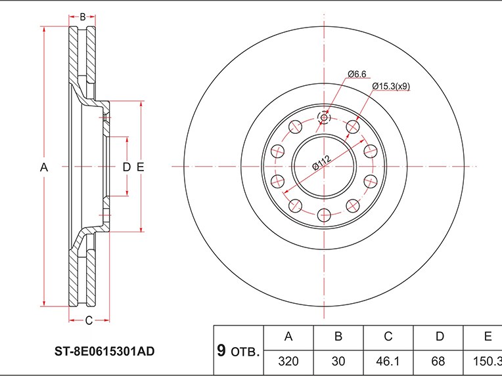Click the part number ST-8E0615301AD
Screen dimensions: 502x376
coord(104,351)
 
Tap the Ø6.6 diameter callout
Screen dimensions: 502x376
coord(357,74)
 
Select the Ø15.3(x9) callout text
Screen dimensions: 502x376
coord(391,86)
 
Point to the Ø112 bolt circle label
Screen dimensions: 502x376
coord(321,163)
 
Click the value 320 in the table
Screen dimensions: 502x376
coord(288,362)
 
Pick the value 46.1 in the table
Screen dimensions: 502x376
coord(388,362)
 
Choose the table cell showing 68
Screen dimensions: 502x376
coord(438,362)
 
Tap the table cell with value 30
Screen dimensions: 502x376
coord(338,362)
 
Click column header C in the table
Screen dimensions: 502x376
coord(388,337)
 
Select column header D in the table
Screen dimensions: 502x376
coord(440,337)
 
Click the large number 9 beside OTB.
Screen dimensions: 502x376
coord(221,350)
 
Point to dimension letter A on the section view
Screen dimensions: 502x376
coord(44,167)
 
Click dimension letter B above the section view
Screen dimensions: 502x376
coord(83,17)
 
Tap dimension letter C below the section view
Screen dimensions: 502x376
coord(89,320)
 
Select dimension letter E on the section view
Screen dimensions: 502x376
coord(140,167)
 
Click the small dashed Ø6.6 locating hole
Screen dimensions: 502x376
coord(324,117)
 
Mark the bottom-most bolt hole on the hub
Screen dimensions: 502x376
coord(324,215)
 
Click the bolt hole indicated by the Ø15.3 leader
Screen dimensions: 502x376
coord(353,127)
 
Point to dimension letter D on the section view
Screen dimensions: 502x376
coord(127,167)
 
